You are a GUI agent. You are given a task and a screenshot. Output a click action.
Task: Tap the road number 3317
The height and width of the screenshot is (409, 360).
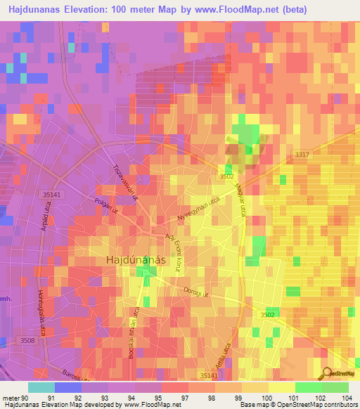click(302, 154)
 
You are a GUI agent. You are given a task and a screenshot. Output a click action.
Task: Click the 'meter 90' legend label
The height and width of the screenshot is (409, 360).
click(14, 398)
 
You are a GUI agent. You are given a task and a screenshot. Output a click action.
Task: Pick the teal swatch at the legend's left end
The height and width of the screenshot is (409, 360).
click(41, 387)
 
